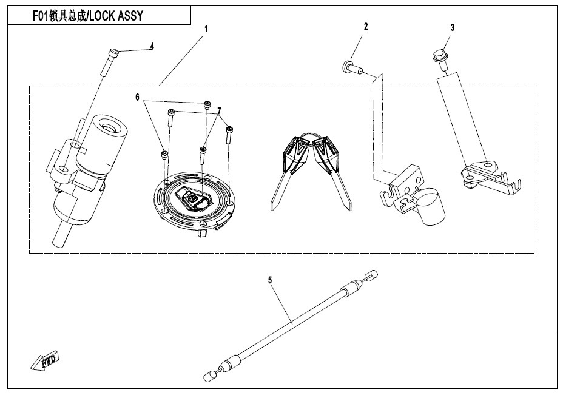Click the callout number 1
pos(206,29)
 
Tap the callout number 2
pos(366,27)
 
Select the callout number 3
pos(453,28)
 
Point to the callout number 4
pos(152,46)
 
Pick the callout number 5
pos(270,280)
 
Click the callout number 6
pos(137,97)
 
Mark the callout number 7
pos(219,110)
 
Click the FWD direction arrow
pos(44,360)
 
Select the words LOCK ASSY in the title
pos(116,16)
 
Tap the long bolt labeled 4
pos(109,62)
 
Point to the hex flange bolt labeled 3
pos(439,60)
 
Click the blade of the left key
pos(279,190)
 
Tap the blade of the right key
pos(341,190)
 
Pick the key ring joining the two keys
pos(310,136)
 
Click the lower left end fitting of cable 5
pos(211,376)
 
